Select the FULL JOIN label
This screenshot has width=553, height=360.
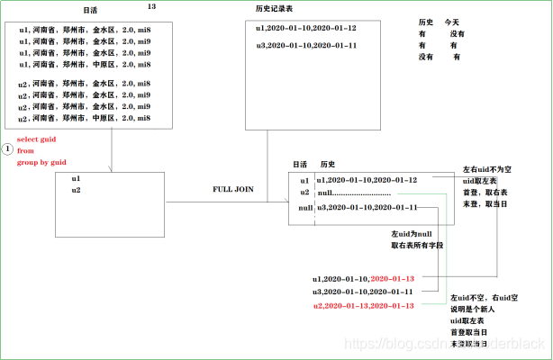point(234,190)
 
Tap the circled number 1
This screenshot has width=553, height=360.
point(7,147)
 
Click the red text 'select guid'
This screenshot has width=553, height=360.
point(39,139)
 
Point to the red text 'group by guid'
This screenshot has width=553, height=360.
point(42,162)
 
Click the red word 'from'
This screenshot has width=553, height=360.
point(26,150)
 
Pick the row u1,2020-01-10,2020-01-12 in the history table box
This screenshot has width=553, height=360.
point(306,29)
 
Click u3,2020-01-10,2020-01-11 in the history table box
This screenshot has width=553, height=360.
point(306,46)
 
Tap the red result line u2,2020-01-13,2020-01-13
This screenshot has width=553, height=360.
point(363,307)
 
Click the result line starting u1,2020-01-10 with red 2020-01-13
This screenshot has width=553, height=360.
point(363,279)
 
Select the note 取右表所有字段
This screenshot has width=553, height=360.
point(417,245)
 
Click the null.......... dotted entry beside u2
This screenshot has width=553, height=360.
point(354,193)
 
